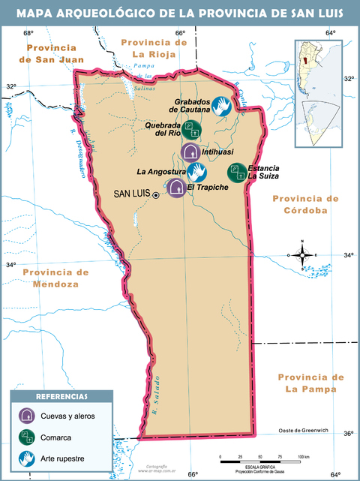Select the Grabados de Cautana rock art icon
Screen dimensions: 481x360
220,107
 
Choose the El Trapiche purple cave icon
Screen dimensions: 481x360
176,187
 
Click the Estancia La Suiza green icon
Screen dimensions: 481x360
237,173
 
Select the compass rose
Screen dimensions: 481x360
303,255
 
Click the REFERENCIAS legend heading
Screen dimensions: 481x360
61,396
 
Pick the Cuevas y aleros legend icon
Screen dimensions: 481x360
26,416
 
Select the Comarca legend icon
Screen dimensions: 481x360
26,436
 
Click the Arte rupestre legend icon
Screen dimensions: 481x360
26,456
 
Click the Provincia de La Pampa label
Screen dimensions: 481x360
310,383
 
